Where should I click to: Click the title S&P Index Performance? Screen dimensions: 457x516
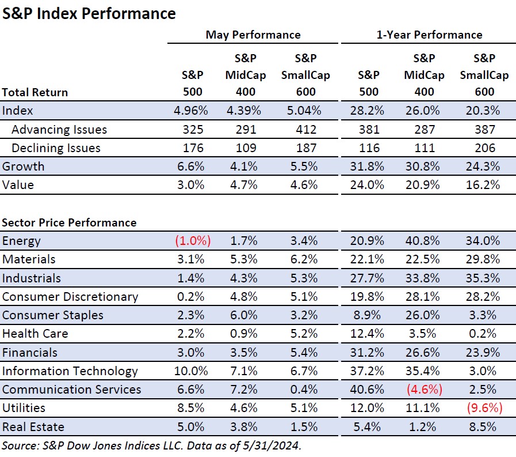click(x=89, y=13)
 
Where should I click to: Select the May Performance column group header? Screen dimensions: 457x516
click(x=253, y=35)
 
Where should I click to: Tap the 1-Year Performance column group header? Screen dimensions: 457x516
click(x=429, y=35)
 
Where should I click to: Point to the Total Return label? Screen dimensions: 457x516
click(x=35, y=92)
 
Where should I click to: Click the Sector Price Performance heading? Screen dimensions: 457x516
click(x=69, y=222)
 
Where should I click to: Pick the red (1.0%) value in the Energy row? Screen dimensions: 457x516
click(x=193, y=241)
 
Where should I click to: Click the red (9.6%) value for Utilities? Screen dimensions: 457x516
click(x=483, y=408)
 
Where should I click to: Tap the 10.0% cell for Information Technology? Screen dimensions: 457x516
click(x=193, y=371)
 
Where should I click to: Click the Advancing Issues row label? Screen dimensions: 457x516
click(x=59, y=130)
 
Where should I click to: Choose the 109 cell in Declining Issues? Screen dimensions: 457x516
click(x=250, y=148)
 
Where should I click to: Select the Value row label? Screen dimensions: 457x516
click(x=18, y=185)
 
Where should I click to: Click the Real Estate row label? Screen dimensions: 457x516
click(x=33, y=426)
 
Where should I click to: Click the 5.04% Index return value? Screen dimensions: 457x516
click(x=305, y=111)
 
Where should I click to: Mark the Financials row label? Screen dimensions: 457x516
click(x=30, y=352)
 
